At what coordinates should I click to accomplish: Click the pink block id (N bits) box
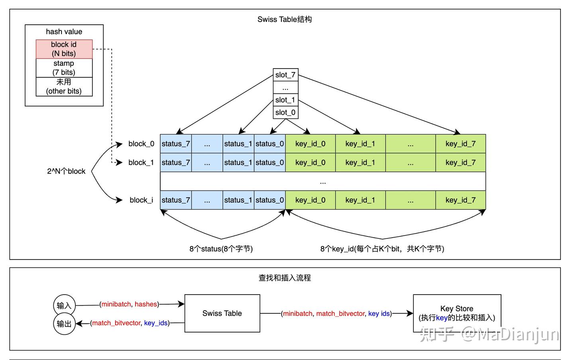click(64, 49)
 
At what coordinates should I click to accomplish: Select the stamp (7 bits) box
click(64, 68)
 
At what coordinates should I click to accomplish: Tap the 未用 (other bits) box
click(64, 87)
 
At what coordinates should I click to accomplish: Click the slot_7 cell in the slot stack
click(285, 75)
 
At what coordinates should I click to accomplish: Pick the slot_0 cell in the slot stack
click(285, 112)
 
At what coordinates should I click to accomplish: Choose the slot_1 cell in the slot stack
click(285, 100)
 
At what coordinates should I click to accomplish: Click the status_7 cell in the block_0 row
click(176, 144)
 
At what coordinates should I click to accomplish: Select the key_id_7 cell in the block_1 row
click(460, 163)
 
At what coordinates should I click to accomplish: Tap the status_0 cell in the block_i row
click(270, 200)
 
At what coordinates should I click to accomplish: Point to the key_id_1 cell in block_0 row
click(360, 144)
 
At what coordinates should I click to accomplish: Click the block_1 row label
click(141, 163)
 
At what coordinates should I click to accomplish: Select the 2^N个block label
click(66, 171)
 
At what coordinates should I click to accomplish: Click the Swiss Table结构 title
click(285, 20)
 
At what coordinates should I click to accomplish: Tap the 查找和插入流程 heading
click(285, 278)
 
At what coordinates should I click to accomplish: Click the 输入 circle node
click(64, 305)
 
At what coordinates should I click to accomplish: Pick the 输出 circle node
click(64, 324)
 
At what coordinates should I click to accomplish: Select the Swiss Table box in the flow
click(222, 313)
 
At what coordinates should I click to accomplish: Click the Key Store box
click(457, 313)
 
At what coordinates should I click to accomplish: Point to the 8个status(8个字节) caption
click(221, 249)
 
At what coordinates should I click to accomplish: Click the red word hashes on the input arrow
click(146, 304)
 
